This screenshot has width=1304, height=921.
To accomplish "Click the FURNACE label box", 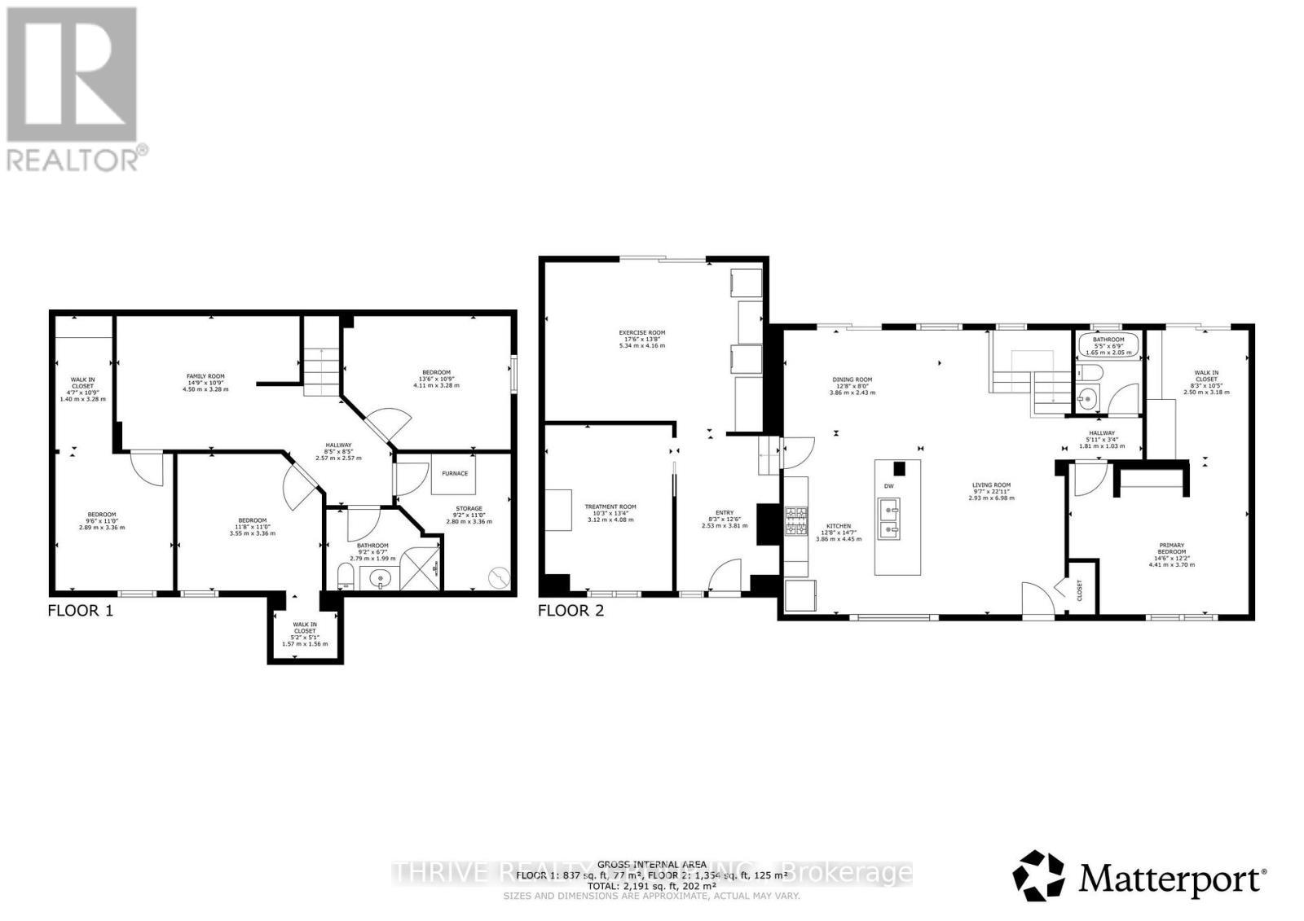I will point(455,473).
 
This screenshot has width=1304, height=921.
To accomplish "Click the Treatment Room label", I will point(610,512).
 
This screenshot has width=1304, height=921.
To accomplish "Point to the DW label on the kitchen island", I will point(889,486).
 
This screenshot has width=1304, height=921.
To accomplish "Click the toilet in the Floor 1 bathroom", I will point(345,578).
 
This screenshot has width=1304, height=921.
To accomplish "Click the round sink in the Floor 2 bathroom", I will point(1086,399).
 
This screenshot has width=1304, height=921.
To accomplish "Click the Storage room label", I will point(469,515).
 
